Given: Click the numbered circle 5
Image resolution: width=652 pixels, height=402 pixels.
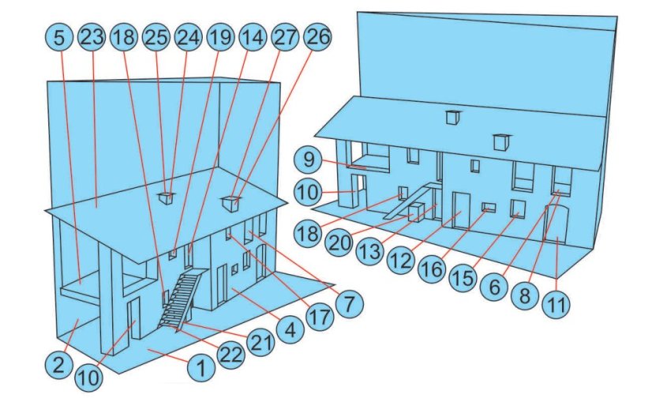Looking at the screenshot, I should tap(61, 36).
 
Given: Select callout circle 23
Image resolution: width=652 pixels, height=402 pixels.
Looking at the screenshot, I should tap(92, 36).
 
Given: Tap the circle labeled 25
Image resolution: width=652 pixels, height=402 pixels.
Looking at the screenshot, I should tap(156, 36).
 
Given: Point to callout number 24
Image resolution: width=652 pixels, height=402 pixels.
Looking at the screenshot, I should tap(188, 36).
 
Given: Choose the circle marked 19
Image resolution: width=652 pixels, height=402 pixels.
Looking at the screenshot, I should tap(219, 36).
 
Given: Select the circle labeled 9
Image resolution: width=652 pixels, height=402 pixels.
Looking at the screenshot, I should tap(308, 160).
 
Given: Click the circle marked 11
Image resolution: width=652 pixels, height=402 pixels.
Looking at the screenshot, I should tap(558, 302).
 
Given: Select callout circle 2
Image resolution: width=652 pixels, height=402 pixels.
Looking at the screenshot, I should tap(57, 365).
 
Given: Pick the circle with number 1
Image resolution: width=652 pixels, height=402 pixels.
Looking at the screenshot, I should tap(201, 366).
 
